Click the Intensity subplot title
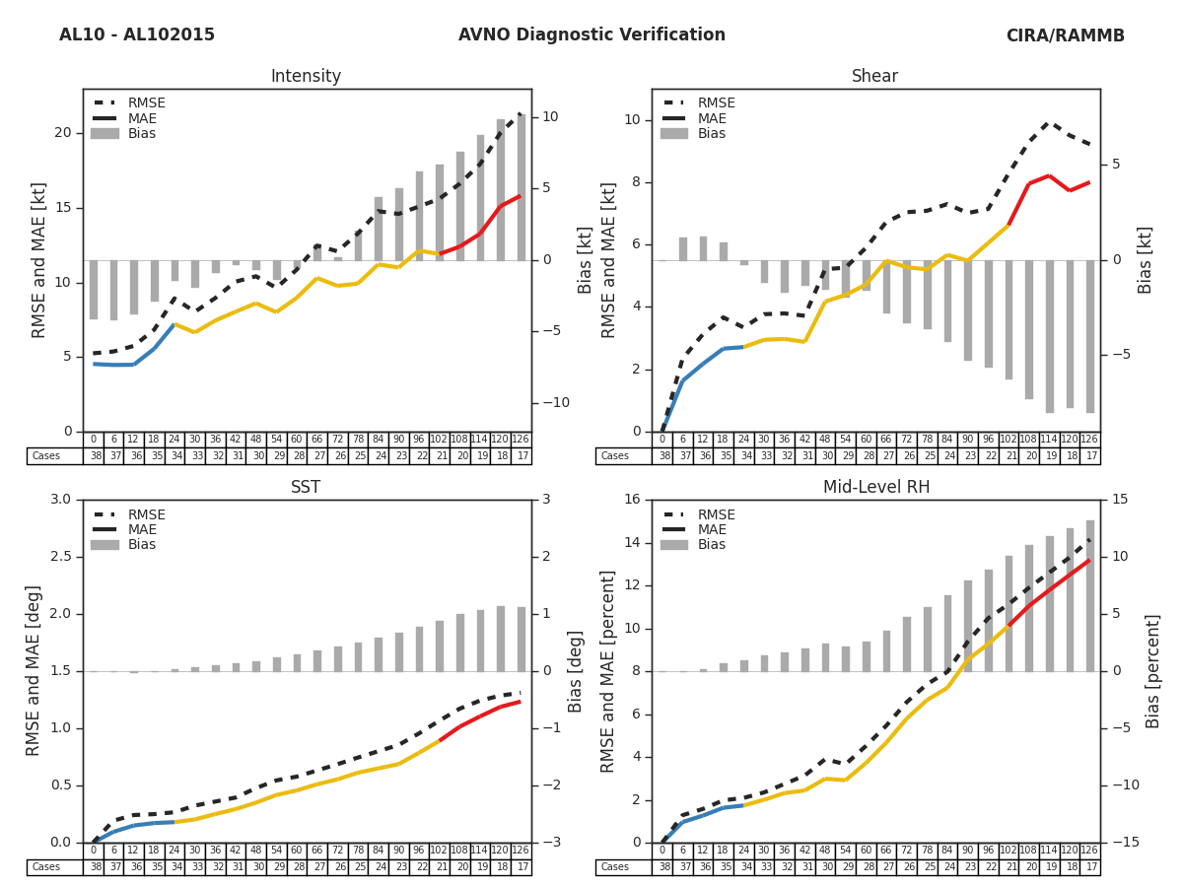pyautogui.click(x=306, y=77)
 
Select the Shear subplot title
pyautogui.click(x=875, y=77)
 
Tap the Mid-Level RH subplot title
pyautogui.click(x=875, y=488)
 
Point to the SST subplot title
pyautogui.click(x=306, y=488)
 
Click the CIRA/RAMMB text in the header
pyautogui.click(x=1065, y=35)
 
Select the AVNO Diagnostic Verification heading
pyautogui.click(x=591, y=35)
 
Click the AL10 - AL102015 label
pyautogui.click(x=137, y=35)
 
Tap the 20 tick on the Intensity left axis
pyautogui.click(x=63, y=133)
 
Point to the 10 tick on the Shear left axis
pyautogui.click(x=632, y=120)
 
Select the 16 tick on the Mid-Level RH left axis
pyautogui.click(x=632, y=500)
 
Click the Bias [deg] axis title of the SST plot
pyautogui.click(x=576, y=671)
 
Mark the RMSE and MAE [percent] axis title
pyautogui.click(x=607, y=671)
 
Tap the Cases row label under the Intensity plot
pyautogui.click(x=46, y=456)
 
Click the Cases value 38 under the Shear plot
pyautogui.click(x=662, y=456)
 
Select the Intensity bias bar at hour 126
pyautogui.click(x=522, y=187)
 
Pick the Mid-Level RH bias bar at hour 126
pyautogui.click(x=1090, y=596)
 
